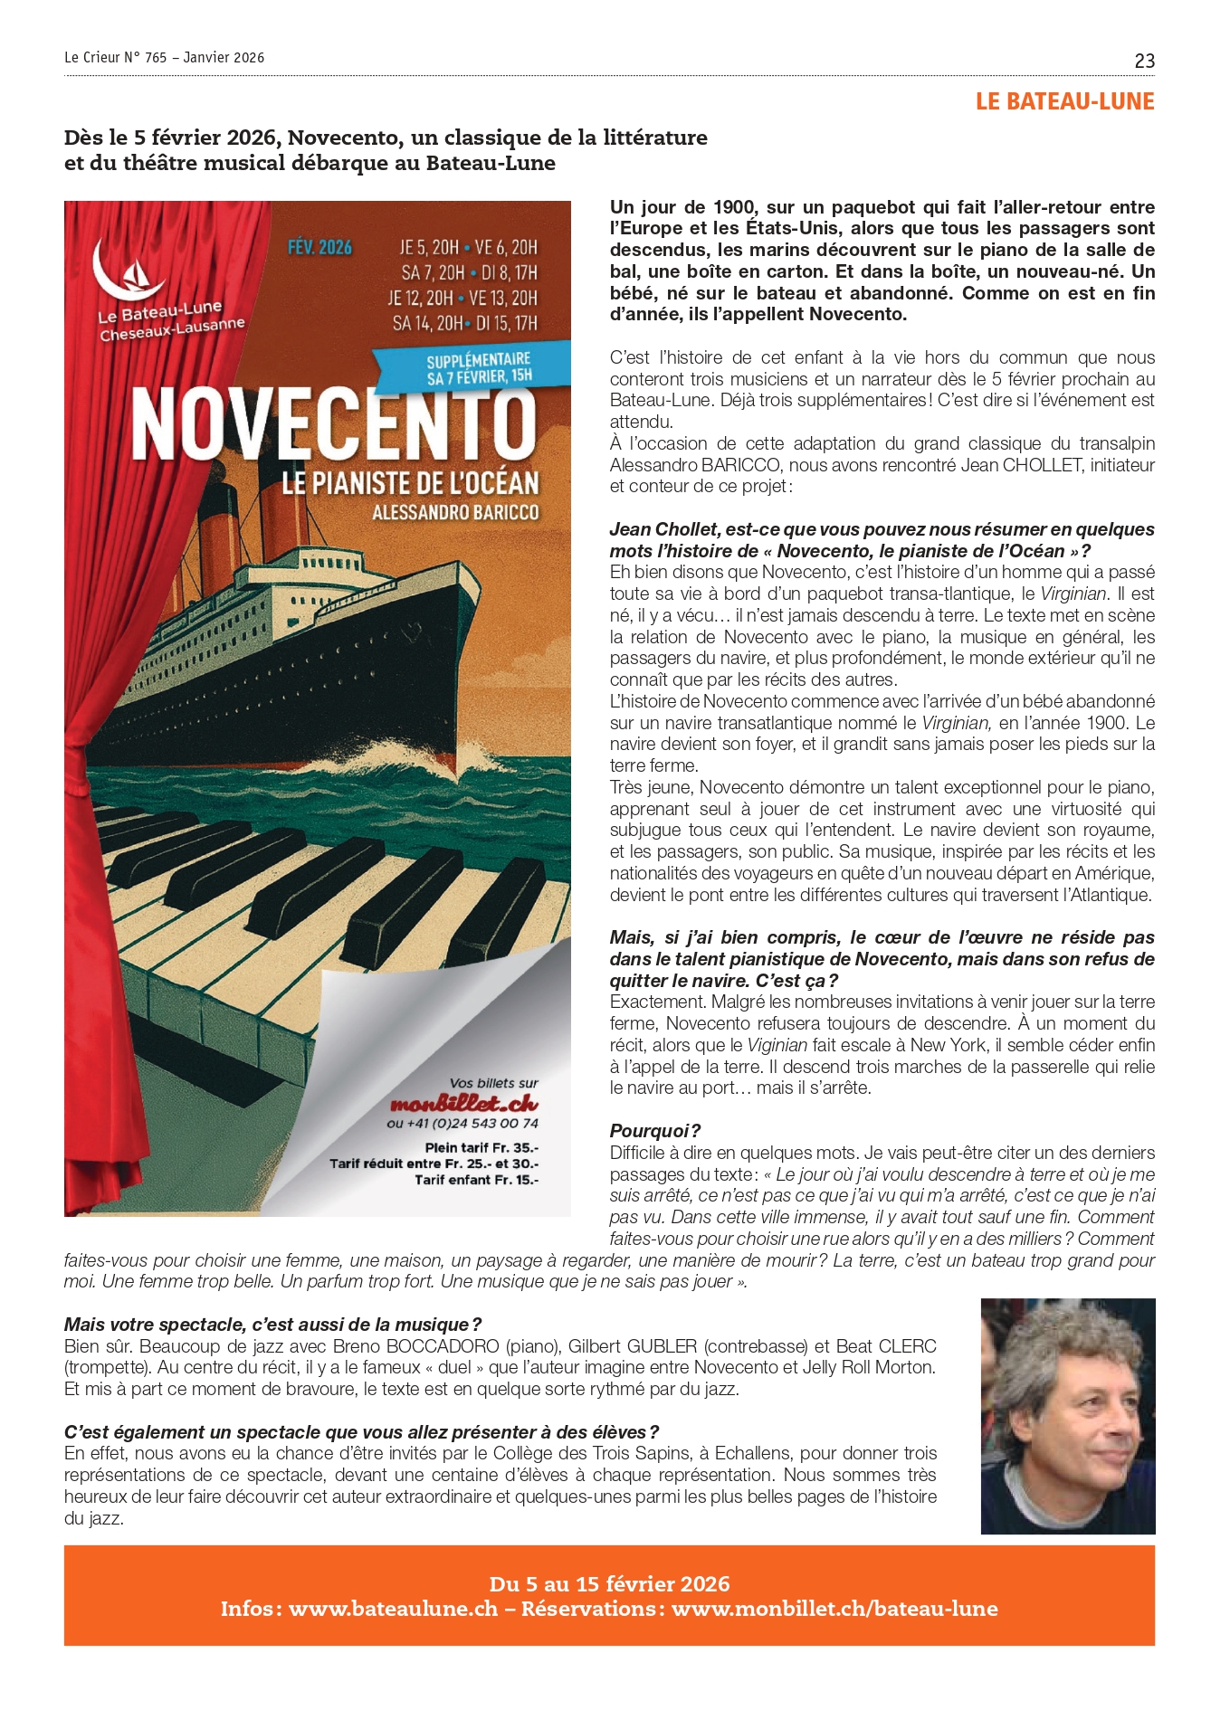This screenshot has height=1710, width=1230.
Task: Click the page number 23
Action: point(1144,62)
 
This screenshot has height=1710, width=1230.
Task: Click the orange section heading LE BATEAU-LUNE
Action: point(1064,101)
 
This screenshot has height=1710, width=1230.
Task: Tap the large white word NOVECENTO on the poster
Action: point(335,425)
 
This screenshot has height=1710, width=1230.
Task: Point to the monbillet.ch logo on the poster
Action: point(463,1104)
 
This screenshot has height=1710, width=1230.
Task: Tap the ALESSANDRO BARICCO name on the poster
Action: point(455,513)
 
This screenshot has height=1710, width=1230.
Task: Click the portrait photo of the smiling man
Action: point(1067,1415)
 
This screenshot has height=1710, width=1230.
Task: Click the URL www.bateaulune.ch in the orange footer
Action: point(393,1609)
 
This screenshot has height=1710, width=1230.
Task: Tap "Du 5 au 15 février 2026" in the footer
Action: point(609,1583)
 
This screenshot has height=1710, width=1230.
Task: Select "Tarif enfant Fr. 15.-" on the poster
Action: point(476,1180)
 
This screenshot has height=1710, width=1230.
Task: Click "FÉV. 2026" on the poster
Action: point(319,247)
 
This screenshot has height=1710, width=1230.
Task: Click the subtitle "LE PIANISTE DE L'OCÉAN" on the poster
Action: point(410,483)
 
